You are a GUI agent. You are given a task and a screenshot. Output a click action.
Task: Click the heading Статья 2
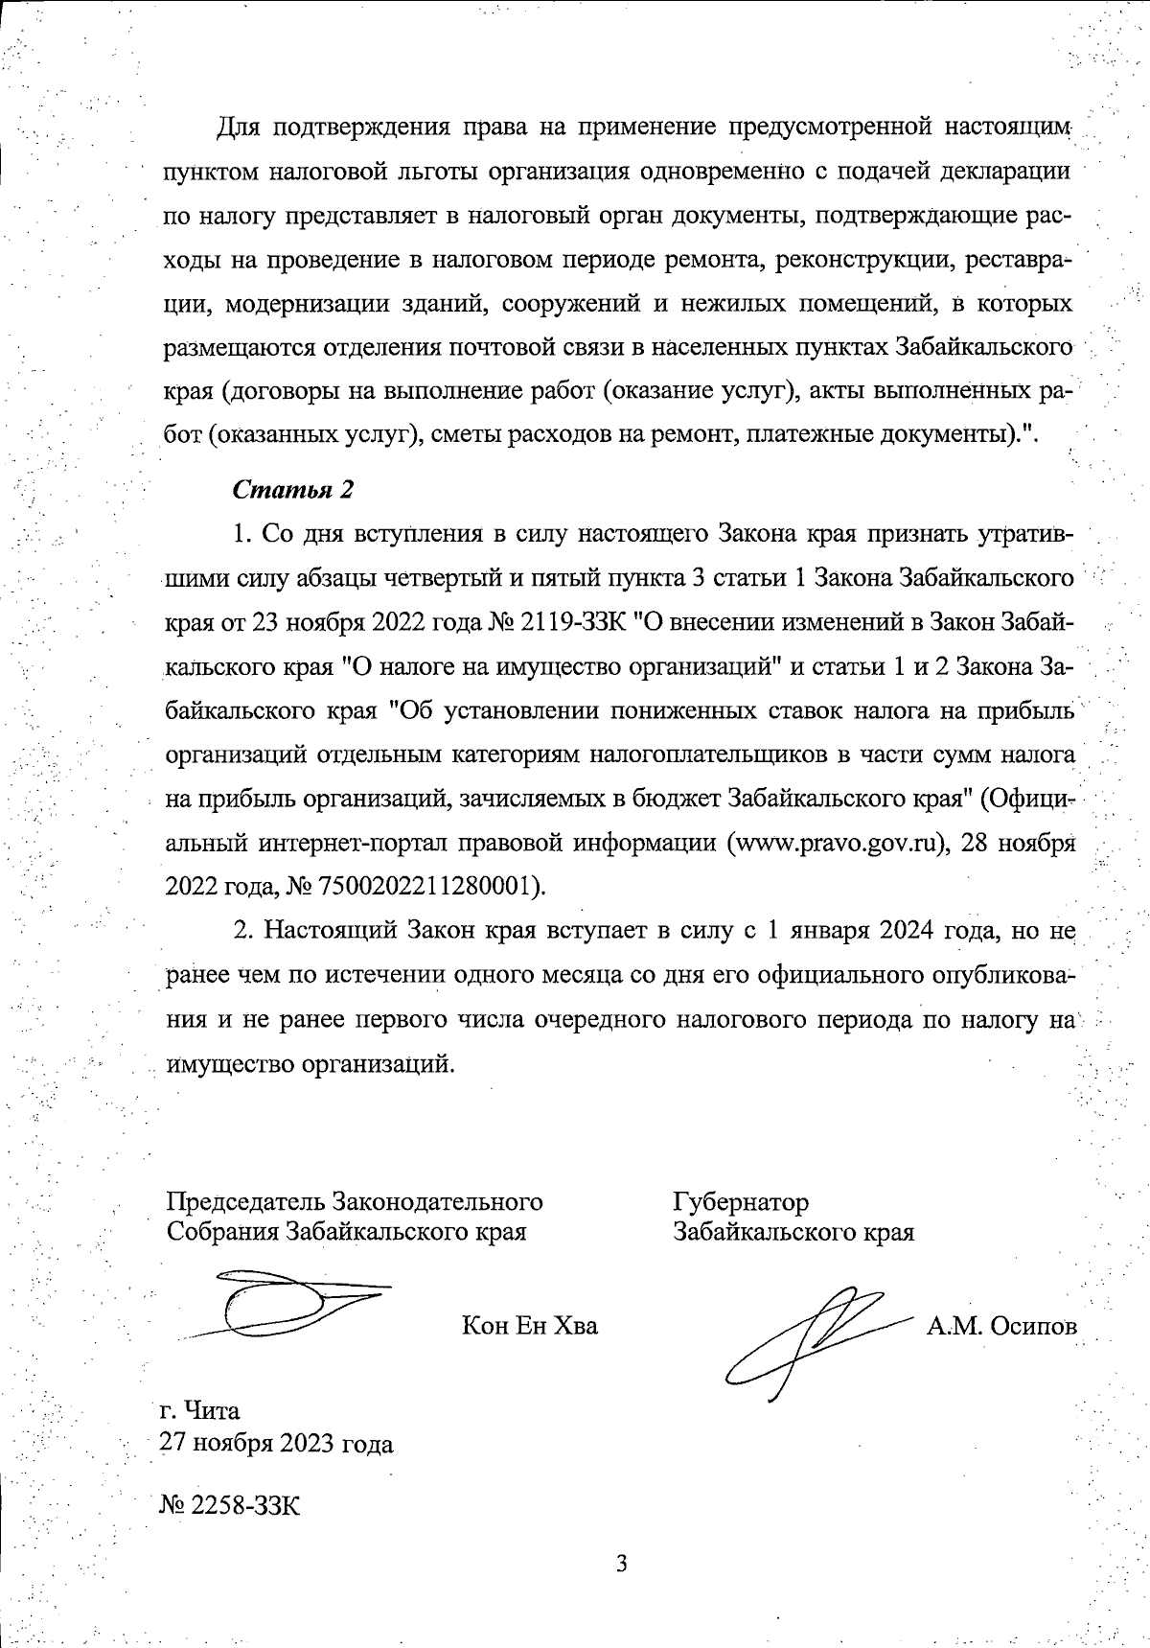click(293, 489)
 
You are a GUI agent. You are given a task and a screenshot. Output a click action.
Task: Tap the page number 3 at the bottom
click(620, 1566)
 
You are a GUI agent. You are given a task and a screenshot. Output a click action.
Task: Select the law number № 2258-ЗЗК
click(230, 1505)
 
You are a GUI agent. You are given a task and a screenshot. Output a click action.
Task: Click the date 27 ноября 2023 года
click(277, 1443)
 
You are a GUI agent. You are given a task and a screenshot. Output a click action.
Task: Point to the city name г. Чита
click(200, 1410)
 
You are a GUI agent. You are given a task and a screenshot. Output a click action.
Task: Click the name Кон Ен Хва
click(529, 1326)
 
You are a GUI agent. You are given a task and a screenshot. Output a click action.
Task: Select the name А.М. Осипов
click(1001, 1326)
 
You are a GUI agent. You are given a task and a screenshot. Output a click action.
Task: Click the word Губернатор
click(740, 1202)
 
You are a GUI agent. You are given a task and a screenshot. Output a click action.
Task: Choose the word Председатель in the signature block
click(245, 1202)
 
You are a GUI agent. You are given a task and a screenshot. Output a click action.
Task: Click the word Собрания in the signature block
click(221, 1232)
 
